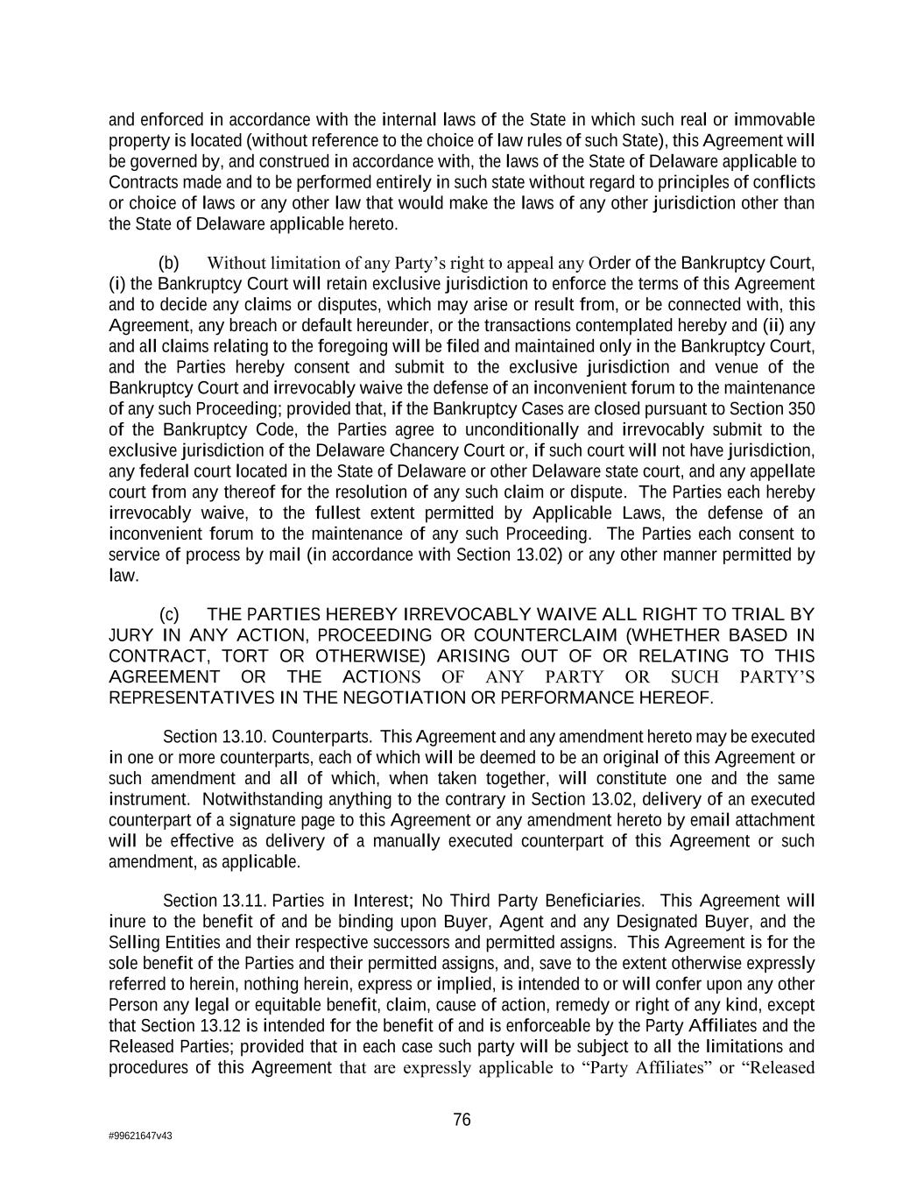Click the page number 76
[x=462, y=1119]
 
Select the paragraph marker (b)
[x=169, y=263]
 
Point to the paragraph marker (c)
[x=169, y=614]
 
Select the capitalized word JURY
[x=131, y=635]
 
